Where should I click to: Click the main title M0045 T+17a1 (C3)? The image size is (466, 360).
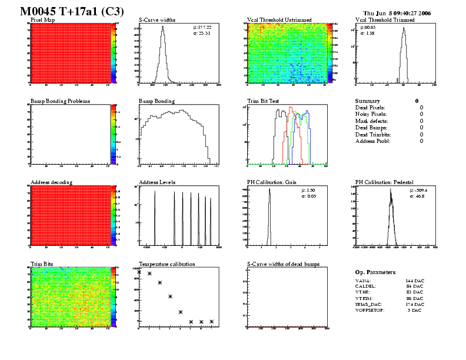pos(68,11)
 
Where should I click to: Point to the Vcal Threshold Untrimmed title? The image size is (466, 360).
pos(278,19)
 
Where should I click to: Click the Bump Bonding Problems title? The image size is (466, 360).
pos(60,101)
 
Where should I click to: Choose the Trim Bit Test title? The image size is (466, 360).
pos(262,101)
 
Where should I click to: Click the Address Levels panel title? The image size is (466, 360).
pos(157,182)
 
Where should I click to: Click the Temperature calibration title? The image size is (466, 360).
pos(167,264)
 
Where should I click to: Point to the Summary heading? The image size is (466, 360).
pos(368,101)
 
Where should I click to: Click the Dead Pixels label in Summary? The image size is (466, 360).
pos(370,108)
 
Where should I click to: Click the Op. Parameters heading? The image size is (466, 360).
pos(375,272)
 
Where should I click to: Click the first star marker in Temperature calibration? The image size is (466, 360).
pos(139,272)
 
